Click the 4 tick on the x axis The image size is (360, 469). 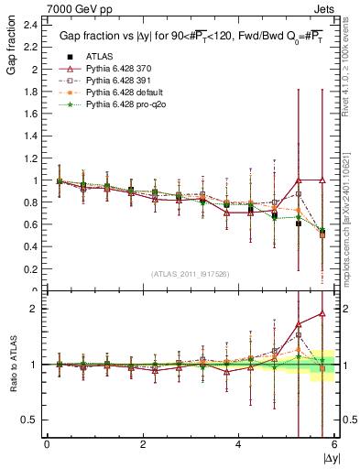(x=238, y=446)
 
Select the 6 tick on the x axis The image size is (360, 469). (x=334, y=446)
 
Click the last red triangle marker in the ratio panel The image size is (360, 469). (x=322, y=313)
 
